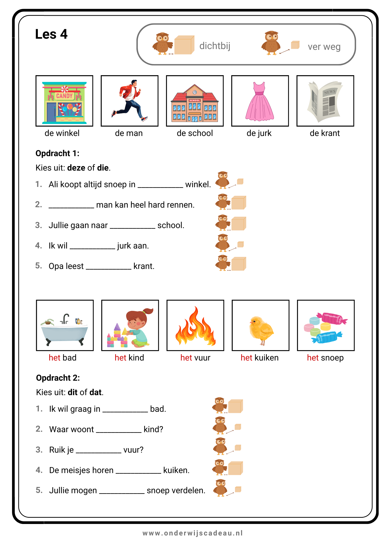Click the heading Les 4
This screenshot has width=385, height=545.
tap(51, 34)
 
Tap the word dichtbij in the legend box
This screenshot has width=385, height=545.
tap(215, 46)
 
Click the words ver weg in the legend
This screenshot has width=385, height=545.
tap(324, 47)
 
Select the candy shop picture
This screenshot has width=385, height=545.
tap(64, 101)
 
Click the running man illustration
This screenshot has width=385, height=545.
tap(130, 101)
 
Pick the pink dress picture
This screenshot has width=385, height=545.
tap(260, 101)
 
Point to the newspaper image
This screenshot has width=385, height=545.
tap(325, 101)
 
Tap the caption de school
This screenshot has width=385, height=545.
tap(195, 133)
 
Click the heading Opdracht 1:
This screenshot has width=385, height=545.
tap(57, 153)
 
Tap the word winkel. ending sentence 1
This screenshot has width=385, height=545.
tap(198, 184)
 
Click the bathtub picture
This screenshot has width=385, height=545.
tap(65, 326)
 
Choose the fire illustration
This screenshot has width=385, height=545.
tap(195, 326)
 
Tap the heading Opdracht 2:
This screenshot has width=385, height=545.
tap(58, 378)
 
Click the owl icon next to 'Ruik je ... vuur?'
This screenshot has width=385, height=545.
tap(220, 446)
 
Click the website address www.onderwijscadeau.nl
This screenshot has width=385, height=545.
tap(192, 533)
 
